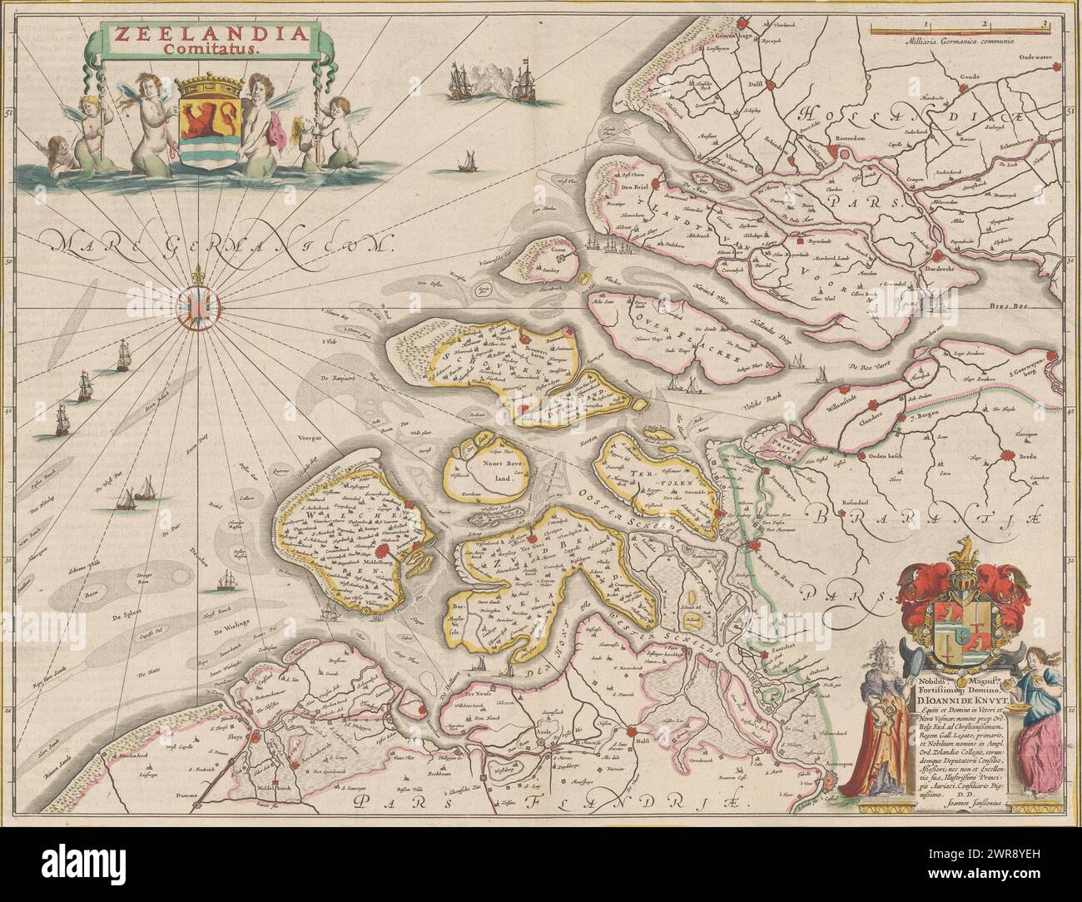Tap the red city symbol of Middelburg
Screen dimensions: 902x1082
pyautogui.click(x=384, y=549)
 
